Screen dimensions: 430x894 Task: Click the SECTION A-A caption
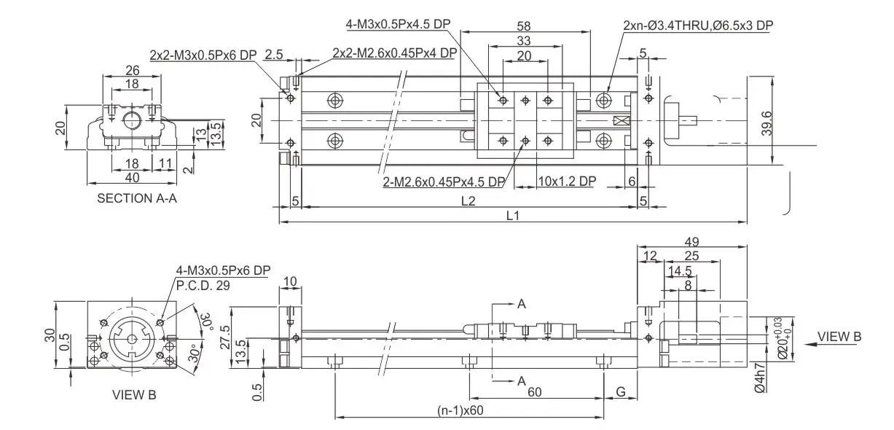tap(137, 198)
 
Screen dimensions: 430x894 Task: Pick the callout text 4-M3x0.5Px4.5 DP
tap(398, 23)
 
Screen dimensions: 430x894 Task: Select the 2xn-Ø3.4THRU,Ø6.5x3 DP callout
tap(698, 26)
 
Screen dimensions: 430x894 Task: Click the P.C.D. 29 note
tap(203, 285)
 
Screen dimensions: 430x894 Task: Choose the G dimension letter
tap(621, 392)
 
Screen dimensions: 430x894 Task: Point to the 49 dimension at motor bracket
tap(693, 241)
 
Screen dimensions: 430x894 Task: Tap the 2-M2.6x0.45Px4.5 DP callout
tap(444, 181)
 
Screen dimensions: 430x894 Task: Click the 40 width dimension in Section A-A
tap(131, 177)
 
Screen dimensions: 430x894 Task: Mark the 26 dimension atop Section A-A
tap(132, 71)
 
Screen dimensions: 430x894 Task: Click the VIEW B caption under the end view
tap(133, 395)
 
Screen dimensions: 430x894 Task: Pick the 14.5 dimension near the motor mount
tap(680, 270)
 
